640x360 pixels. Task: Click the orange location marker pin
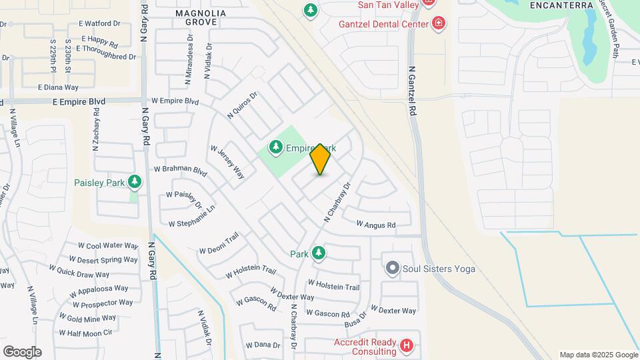(320, 159)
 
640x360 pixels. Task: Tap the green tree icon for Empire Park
(275, 146)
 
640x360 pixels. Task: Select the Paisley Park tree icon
(135, 181)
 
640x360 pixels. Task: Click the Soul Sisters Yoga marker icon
(391, 269)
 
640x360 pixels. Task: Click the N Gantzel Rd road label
(412, 91)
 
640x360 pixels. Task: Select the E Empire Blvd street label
(79, 101)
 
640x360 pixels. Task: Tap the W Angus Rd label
(376, 225)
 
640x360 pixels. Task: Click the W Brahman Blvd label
(181, 170)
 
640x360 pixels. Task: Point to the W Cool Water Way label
(108, 246)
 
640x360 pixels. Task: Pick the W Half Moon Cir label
(85, 333)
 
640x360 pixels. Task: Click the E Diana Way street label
(58, 87)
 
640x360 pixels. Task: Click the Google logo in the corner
(22, 351)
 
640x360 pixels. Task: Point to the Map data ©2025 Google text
(598, 355)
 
